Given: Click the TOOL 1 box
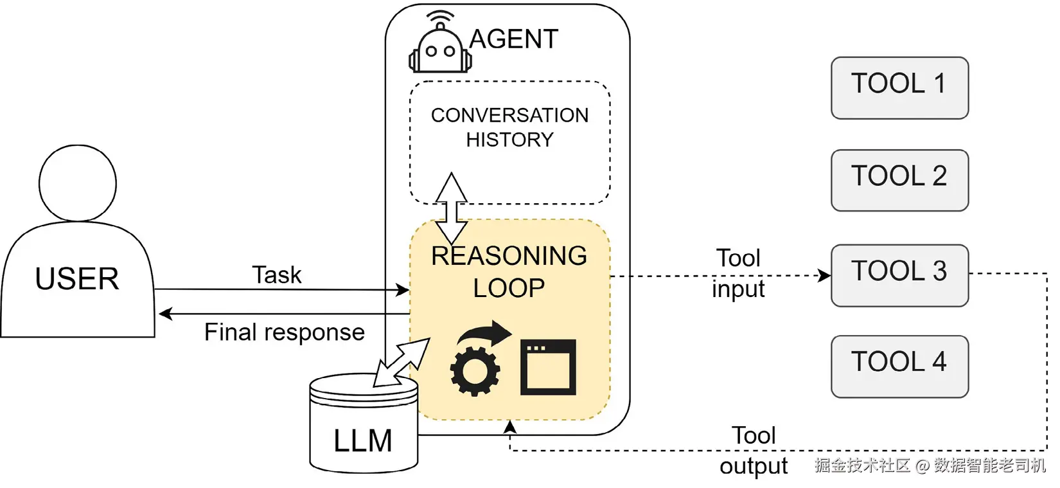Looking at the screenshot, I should pyautogui.click(x=899, y=87).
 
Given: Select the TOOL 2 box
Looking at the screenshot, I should pyautogui.click(x=899, y=180).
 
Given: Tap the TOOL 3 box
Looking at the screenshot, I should pyautogui.click(x=899, y=275).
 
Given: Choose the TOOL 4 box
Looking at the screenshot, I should pyautogui.click(x=899, y=366).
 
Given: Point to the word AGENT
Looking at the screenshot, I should pyautogui.click(x=513, y=39).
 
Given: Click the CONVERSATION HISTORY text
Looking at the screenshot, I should pyautogui.click(x=509, y=127).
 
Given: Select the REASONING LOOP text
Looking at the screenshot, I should pyautogui.click(x=509, y=272).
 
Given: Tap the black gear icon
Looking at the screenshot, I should pyautogui.click(x=475, y=371).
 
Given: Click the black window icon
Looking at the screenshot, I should pyautogui.click(x=548, y=367).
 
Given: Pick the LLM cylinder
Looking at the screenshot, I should pyautogui.click(x=364, y=428).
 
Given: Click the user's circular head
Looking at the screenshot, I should pyautogui.click(x=78, y=183).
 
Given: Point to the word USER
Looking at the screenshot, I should pyautogui.click(x=77, y=279).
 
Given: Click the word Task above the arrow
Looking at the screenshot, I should pyautogui.click(x=276, y=275).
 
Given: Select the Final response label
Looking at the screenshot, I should pyautogui.click(x=284, y=332).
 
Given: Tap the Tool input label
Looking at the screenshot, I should pyautogui.click(x=738, y=273).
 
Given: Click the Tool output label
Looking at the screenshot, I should pyautogui.click(x=754, y=451).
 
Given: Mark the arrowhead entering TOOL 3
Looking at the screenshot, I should pyautogui.click(x=824, y=276).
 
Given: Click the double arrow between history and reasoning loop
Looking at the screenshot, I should pyautogui.click(x=452, y=208).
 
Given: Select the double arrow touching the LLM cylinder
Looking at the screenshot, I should pyautogui.click(x=402, y=363).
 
